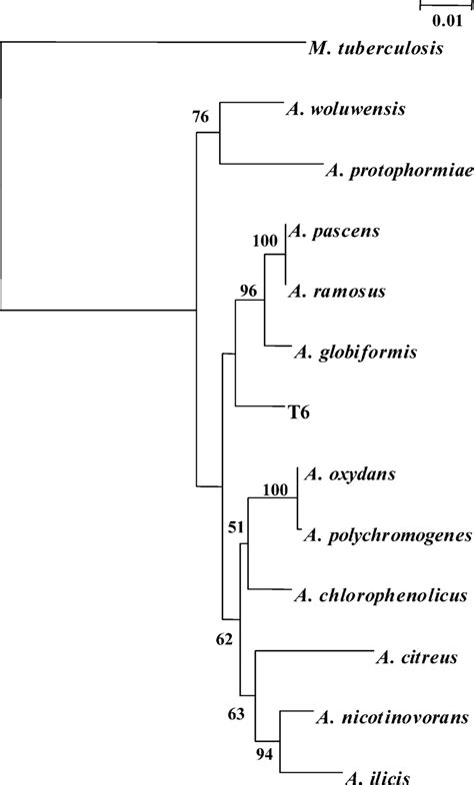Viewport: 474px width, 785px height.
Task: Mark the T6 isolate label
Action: pyautogui.click(x=302, y=411)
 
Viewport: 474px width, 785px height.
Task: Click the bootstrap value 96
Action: pyautogui.click(x=247, y=290)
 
